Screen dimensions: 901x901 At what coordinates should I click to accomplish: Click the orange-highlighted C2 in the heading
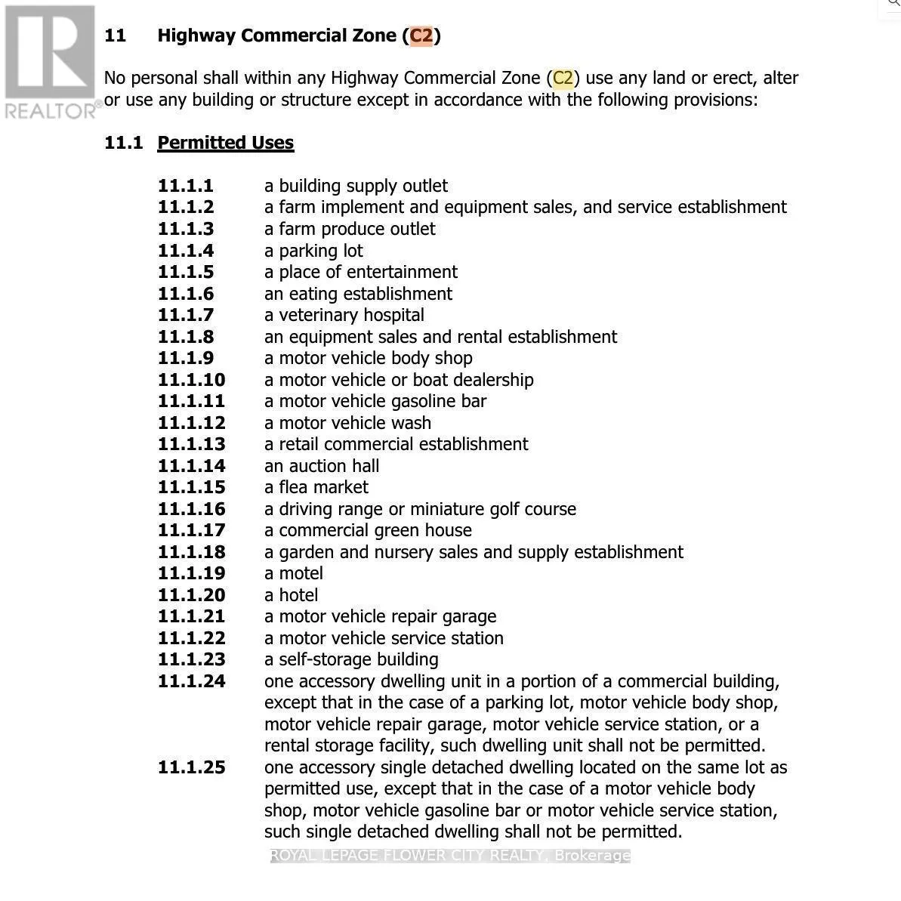click(421, 35)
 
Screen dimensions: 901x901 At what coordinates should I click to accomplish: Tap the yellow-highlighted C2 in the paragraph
click(563, 78)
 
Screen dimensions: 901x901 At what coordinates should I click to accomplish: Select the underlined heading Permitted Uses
click(225, 143)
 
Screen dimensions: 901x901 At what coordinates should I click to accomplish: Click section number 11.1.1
click(186, 186)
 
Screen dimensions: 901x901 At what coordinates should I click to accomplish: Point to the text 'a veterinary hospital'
click(344, 315)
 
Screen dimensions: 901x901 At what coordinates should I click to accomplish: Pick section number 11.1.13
click(191, 444)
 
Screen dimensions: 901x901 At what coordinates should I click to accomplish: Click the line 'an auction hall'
click(322, 466)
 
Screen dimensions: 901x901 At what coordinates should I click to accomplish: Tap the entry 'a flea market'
click(316, 487)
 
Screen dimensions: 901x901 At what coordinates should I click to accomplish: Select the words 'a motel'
click(294, 573)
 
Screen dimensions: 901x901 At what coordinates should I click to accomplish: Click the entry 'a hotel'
click(292, 595)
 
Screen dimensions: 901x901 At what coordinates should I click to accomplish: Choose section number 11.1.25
click(191, 767)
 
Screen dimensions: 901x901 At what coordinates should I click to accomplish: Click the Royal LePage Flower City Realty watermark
click(450, 856)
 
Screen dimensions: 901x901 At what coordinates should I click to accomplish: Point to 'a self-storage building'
click(351, 659)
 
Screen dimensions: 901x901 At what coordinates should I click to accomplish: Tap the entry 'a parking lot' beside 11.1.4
click(313, 251)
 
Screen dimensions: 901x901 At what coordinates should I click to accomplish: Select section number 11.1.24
click(191, 681)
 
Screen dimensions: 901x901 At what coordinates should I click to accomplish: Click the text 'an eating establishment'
click(358, 294)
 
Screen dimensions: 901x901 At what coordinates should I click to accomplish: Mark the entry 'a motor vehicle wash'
click(347, 423)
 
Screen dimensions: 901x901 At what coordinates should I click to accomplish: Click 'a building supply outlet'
click(356, 186)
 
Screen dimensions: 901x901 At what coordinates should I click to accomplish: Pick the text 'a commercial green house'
click(368, 530)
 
